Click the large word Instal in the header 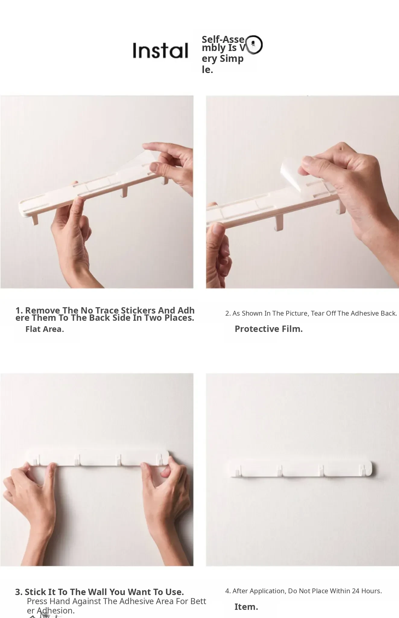point(160,50)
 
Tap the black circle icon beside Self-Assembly point(254,45)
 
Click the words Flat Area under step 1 point(45,329)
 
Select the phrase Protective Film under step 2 point(269,329)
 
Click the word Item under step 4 point(246,607)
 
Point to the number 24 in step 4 point(356,591)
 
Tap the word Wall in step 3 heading point(98,592)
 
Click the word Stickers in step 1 point(138,310)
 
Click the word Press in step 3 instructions point(37,601)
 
